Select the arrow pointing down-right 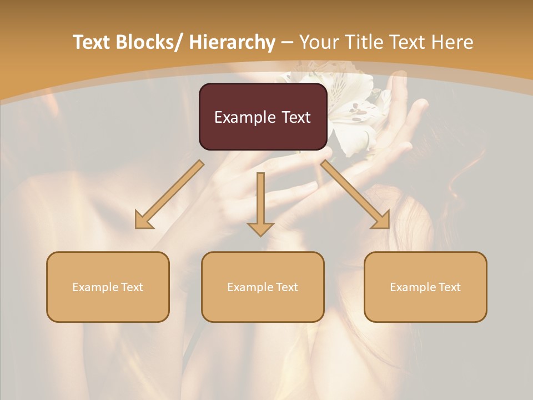[x=355, y=195]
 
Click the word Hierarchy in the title [x=232, y=42]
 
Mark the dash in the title [x=287, y=43]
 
